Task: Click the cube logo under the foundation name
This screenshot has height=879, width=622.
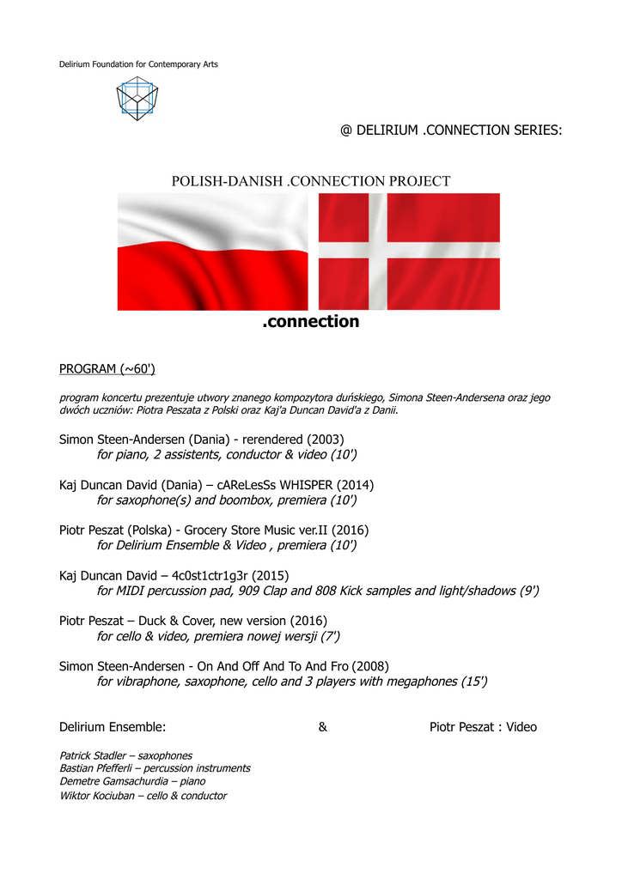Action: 137,98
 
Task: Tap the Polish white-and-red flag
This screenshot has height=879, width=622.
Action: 212,252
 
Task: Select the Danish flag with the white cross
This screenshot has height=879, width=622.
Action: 409,252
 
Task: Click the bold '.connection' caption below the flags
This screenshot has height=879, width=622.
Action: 310,322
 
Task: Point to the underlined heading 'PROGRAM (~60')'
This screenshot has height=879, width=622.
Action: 107,369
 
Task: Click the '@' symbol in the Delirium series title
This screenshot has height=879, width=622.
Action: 346,131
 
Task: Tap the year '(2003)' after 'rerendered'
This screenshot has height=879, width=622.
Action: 326,439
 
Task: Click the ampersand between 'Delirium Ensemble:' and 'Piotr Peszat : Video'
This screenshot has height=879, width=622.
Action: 322,727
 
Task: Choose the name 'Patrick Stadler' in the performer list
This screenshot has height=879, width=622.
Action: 94,755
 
